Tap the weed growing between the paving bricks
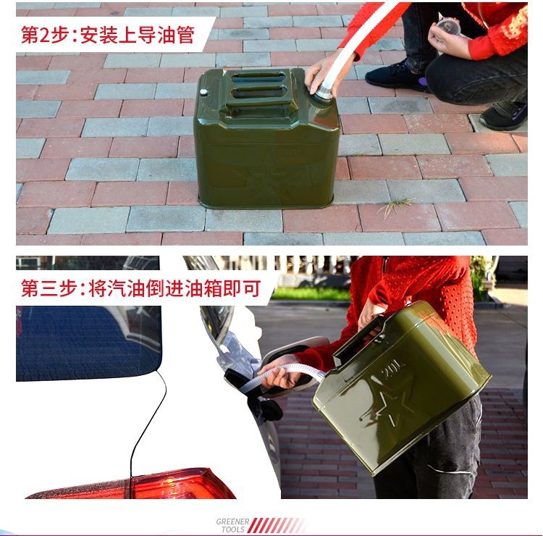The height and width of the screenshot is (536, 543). coord(396,207)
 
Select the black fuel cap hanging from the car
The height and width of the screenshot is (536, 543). coord(270,409)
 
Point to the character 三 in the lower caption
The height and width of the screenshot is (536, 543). coord(52,288)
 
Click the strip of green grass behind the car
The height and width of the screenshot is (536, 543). coord(311,293)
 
